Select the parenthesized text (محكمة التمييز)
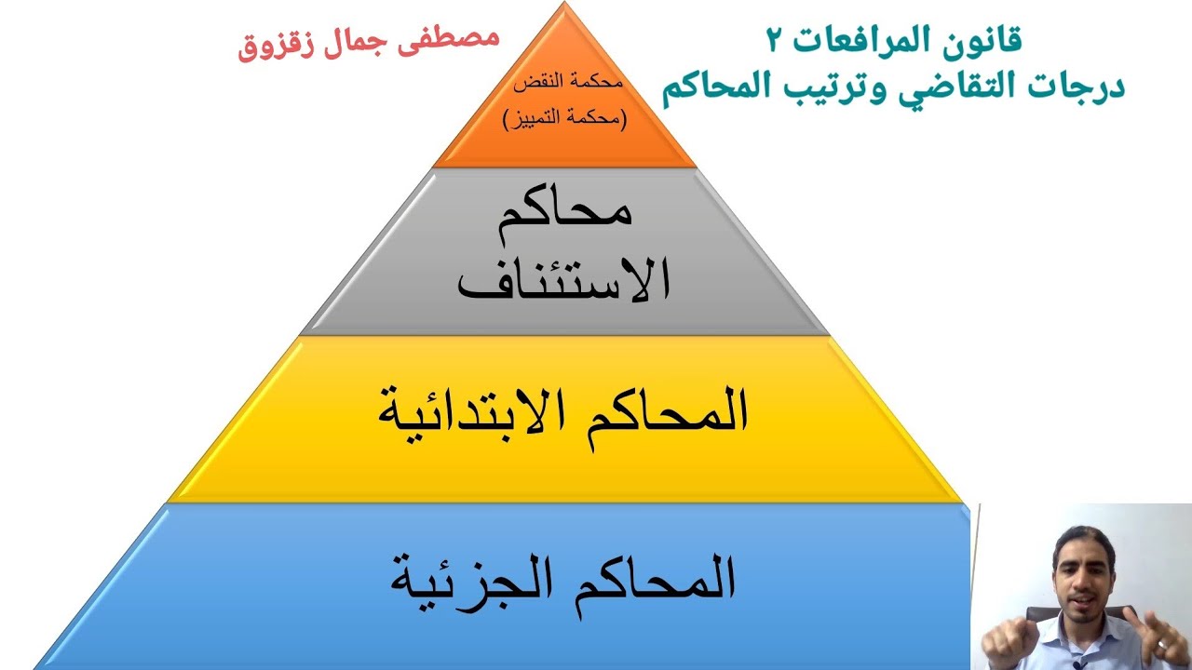point(565,119)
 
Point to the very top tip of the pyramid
point(564,5)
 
